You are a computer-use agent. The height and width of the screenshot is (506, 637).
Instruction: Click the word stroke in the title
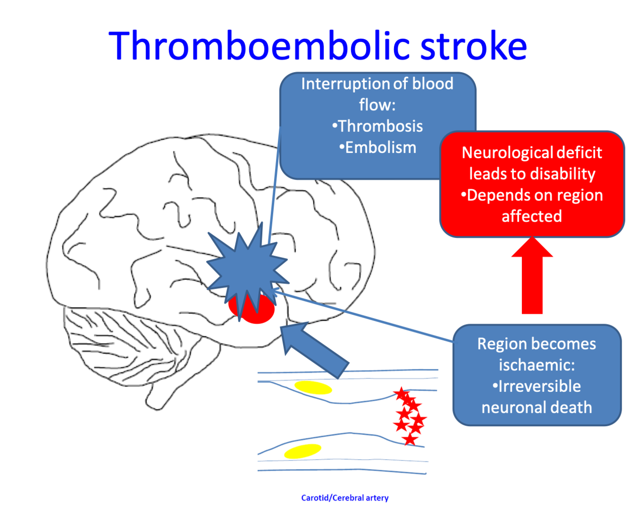click(x=474, y=46)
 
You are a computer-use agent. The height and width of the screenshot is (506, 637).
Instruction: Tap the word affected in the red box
click(x=531, y=216)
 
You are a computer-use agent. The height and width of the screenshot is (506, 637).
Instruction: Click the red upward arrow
click(x=532, y=277)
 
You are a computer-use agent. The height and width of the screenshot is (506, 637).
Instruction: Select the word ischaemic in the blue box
click(x=536, y=365)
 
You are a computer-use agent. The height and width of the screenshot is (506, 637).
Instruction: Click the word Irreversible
click(x=539, y=386)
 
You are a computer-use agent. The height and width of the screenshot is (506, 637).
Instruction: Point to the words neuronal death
click(x=537, y=408)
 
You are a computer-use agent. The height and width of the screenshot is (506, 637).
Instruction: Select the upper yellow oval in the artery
click(x=313, y=388)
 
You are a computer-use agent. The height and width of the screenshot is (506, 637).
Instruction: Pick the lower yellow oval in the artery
click(x=302, y=451)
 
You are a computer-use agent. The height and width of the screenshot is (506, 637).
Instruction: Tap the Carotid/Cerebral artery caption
click(x=345, y=498)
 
